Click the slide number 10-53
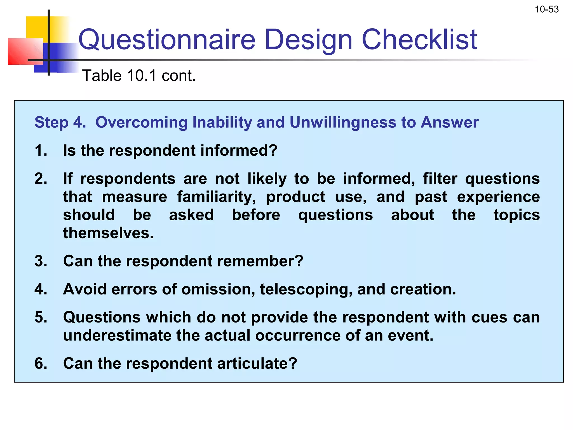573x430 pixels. [x=546, y=10]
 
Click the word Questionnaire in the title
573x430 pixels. [x=167, y=40]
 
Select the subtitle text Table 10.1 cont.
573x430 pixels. [x=139, y=76]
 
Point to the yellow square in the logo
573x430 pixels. [x=38, y=28]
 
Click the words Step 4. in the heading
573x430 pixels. [x=60, y=122]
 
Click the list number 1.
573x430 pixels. [x=41, y=150]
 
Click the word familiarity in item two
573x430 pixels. [x=216, y=197]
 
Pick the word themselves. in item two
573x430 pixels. [x=108, y=233]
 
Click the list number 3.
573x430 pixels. [x=41, y=261]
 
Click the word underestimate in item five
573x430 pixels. [x=117, y=335]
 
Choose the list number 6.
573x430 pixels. [x=41, y=363]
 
